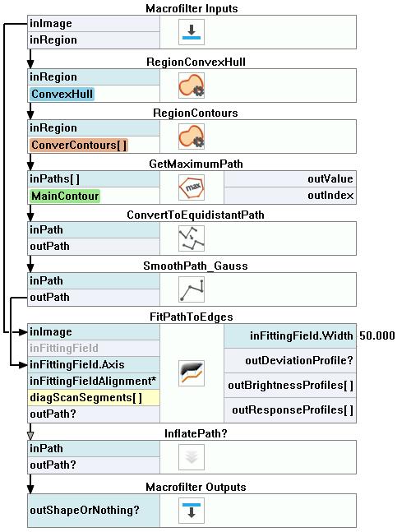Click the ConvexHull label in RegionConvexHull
(62, 94)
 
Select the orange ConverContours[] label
(79, 145)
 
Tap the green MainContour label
(65, 196)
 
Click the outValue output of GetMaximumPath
(330, 178)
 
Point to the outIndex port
(330, 196)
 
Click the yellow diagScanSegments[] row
(93, 398)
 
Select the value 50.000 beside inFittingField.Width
(377, 335)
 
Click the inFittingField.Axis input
(77, 365)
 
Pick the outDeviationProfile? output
(299, 360)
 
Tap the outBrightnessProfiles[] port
(291, 386)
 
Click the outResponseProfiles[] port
(293, 410)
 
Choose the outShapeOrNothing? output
(85, 511)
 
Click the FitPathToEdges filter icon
(192, 373)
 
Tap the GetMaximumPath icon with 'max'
(192, 187)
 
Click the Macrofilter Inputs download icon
(192, 32)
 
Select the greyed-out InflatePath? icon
(192, 457)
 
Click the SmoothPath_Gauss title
(196, 266)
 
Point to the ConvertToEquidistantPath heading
(196, 215)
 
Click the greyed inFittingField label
(64, 348)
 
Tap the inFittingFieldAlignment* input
(93, 381)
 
